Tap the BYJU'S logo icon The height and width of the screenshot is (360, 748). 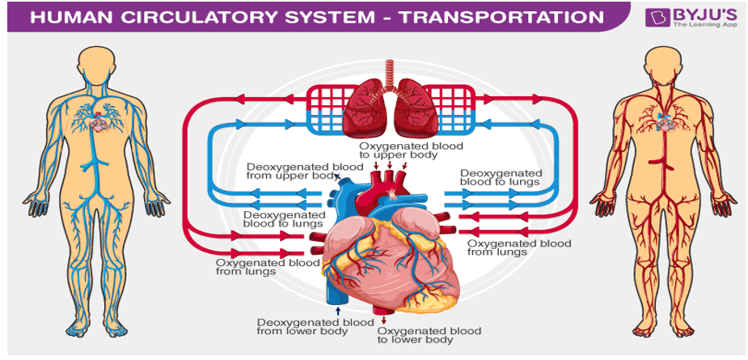657,17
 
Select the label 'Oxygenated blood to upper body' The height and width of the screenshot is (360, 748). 404,150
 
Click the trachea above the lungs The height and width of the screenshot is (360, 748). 391,74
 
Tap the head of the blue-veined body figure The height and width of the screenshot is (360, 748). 96,65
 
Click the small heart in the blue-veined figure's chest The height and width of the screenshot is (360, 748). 99,123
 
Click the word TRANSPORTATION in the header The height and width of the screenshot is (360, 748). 501,17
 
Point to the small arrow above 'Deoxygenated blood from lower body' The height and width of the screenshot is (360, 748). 338,311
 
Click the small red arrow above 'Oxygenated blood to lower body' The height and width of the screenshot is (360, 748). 383,320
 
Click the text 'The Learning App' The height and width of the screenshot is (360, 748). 703,24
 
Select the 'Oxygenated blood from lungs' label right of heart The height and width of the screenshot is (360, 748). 519,248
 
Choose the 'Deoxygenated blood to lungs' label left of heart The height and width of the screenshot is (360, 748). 285,219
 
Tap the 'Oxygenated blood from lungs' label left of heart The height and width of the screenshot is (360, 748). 268,267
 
